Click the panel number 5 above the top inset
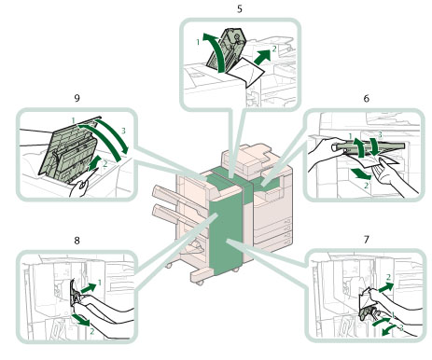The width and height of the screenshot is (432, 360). (240, 8)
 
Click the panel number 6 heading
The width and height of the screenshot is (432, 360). (367, 98)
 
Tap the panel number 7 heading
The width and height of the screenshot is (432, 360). (367, 240)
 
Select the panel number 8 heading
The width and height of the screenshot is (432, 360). (77, 240)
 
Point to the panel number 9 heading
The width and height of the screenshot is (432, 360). (77, 98)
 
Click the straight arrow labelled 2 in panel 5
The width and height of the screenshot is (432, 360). (261, 55)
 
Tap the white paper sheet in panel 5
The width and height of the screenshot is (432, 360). (245, 72)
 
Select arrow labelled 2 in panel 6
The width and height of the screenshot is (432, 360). (361, 173)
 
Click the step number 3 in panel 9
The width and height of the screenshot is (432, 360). (123, 131)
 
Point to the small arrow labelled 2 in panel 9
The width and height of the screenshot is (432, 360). (95, 163)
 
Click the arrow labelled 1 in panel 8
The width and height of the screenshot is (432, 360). (89, 287)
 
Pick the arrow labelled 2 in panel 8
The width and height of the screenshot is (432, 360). (81, 320)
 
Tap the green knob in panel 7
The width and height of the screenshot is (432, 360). (368, 313)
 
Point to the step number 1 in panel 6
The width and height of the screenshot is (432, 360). (351, 136)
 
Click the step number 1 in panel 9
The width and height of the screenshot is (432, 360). (73, 120)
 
